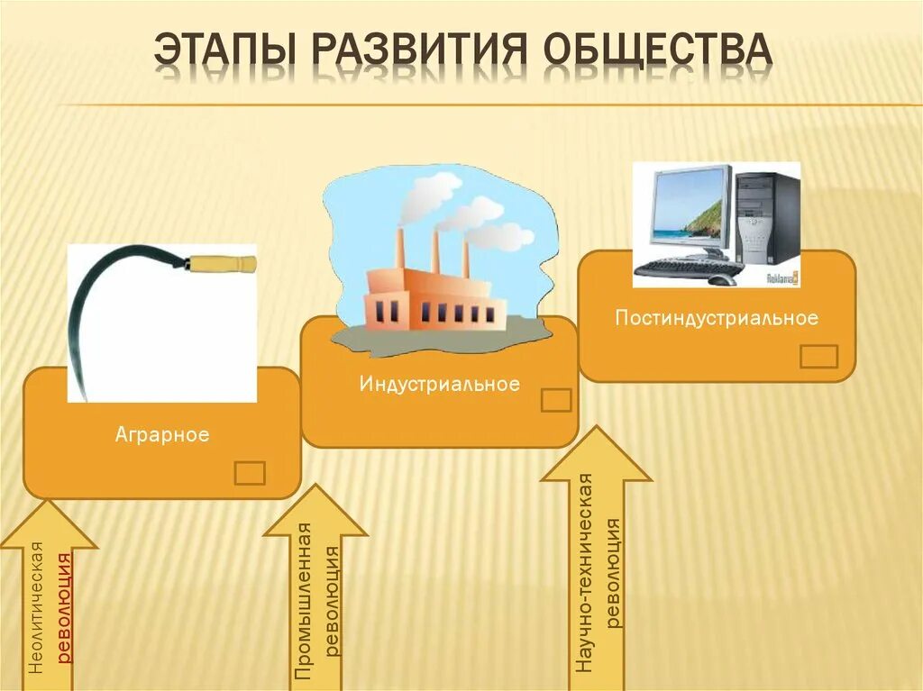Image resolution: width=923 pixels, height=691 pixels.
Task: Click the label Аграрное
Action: [162, 435]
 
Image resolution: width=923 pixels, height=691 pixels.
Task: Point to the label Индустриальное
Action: [439, 385]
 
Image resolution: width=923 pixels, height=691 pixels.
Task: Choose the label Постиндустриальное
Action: [717, 318]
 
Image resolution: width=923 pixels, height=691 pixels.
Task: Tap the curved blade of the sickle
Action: [90, 306]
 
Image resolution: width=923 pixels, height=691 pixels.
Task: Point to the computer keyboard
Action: [690, 268]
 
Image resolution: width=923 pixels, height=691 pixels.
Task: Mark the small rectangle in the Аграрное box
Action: [250, 473]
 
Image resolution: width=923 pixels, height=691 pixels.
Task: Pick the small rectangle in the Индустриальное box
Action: [556, 400]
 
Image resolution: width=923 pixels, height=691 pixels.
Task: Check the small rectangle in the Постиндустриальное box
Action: [818, 356]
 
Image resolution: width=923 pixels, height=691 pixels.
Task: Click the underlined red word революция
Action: [64, 608]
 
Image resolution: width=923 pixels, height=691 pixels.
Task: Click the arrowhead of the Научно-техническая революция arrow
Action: [596, 455]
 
